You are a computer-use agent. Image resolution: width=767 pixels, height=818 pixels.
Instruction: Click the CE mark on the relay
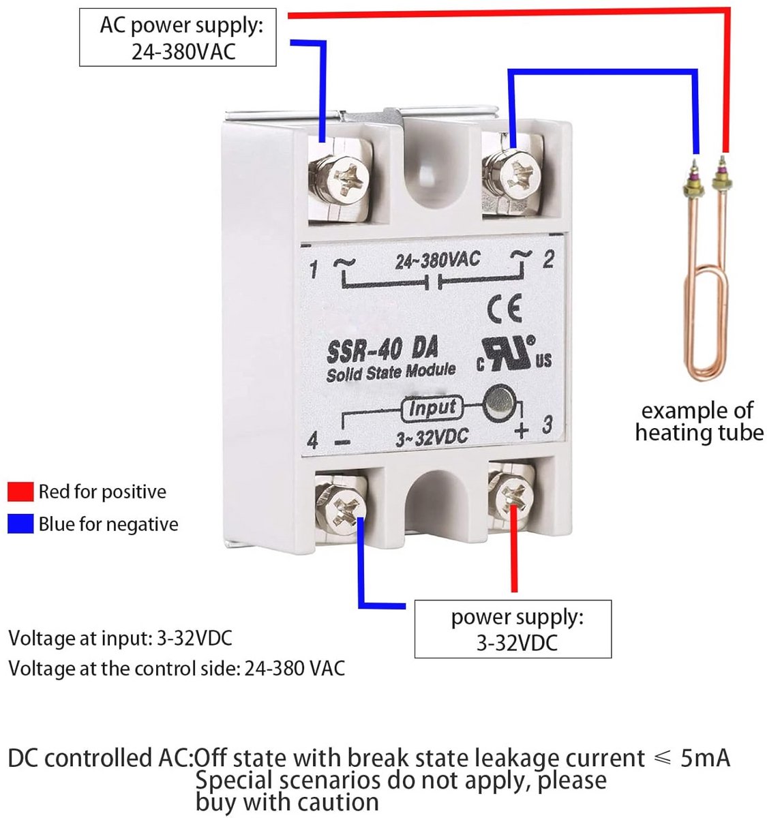[x=504, y=309]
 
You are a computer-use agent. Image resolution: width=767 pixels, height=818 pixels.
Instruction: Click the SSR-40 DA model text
[x=382, y=350]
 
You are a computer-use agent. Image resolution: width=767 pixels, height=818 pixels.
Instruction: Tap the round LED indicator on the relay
[x=499, y=402]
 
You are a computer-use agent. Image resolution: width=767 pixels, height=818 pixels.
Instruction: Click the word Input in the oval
[x=432, y=408]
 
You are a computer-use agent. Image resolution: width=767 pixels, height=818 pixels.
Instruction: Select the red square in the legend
[x=20, y=491]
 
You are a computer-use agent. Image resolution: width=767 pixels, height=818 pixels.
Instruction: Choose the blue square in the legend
[x=20, y=524]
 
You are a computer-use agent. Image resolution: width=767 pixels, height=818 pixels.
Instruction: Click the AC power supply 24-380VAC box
[x=178, y=37]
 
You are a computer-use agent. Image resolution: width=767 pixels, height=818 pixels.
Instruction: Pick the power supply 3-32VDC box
[x=513, y=629]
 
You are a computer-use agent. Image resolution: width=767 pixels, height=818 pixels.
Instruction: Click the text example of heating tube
[x=699, y=421]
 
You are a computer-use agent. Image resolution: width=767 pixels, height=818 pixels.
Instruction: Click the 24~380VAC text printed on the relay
[x=438, y=260]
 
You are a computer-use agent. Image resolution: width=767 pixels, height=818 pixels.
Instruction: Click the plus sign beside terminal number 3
[x=522, y=431]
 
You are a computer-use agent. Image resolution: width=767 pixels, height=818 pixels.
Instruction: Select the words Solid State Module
[x=391, y=372]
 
